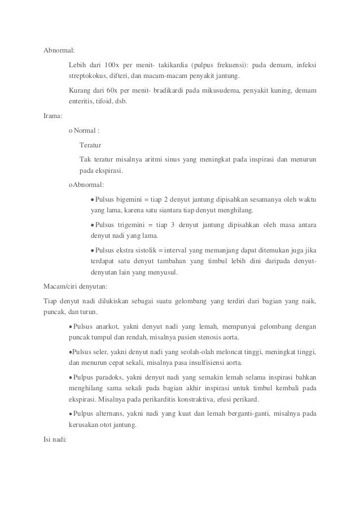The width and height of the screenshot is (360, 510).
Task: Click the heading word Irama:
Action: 54,117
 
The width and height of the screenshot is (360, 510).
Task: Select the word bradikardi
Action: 187,90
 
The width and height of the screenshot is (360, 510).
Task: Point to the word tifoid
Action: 103,102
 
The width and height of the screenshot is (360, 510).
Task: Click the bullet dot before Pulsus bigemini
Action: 93,200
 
